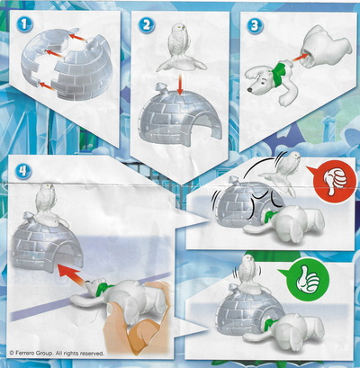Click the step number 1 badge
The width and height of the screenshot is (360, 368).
[x=24, y=23]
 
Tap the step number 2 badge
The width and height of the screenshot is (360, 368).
[x=146, y=24]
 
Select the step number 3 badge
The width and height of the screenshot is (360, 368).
[x=255, y=25]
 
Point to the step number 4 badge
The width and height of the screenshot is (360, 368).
[x=23, y=171]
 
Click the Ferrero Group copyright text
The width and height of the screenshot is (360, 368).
[x=57, y=354]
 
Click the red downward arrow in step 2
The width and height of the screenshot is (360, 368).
[x=180, y=85]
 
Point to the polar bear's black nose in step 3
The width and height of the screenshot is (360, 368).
[x=249, y=89]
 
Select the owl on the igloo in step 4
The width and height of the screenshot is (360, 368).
[x=49, y=205]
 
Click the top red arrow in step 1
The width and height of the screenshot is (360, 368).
[x=79, y=40]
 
